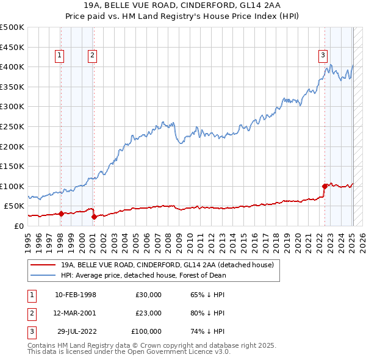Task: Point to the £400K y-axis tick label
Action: [x=12, y=67]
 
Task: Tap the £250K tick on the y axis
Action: [x=12, y=126]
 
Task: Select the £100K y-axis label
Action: [x=12, y=186]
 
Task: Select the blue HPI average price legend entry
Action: [x=143, y=275]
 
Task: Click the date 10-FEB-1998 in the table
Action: [x=75, y=295]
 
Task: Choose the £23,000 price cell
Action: [x=149, y=313]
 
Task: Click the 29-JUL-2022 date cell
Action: [x=76, y=331]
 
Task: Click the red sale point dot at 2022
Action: [x=325, y=186]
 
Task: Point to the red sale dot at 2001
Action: [x=93, y=217]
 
